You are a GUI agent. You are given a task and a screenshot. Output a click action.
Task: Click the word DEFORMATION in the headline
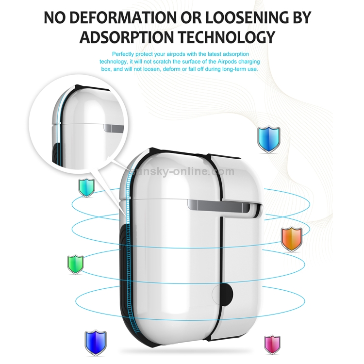point(123,17)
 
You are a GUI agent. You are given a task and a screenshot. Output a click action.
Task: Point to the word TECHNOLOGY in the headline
point(227,37)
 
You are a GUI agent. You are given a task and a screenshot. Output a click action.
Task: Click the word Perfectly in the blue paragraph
point(123,54)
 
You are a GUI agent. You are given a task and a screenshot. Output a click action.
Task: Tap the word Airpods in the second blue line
point(227,62)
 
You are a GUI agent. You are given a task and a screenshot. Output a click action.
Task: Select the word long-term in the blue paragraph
point(233,69)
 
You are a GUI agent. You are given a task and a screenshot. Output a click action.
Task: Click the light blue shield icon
point(268,139)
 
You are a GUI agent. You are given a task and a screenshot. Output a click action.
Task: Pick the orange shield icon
point(292,239)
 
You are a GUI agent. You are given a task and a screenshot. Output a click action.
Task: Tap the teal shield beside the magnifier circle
point(86,188)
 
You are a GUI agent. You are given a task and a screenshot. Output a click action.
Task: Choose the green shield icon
point(75,265)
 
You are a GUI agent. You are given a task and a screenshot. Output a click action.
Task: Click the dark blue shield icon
point(96,343)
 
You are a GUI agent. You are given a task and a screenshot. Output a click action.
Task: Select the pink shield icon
point(272,345)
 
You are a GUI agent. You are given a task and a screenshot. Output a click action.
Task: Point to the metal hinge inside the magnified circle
point(114,129)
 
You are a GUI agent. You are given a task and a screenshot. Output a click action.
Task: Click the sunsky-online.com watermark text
point(182,172)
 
